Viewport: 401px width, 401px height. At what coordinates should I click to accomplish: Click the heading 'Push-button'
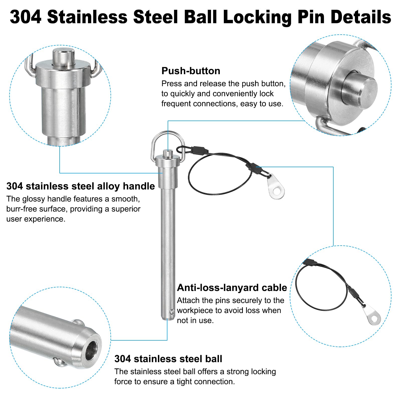(x=191, y=71)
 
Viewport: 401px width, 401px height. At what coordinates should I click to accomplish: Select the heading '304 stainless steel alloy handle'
(x=80, y=186)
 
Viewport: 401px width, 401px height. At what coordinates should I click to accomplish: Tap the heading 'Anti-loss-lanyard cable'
(x=232, y=288)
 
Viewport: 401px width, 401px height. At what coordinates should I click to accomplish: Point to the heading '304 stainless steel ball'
(x=168, y=359)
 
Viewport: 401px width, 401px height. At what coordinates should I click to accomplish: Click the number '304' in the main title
(x=25, y=17)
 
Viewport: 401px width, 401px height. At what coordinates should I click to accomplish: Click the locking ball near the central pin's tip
(x=172, y=312)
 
